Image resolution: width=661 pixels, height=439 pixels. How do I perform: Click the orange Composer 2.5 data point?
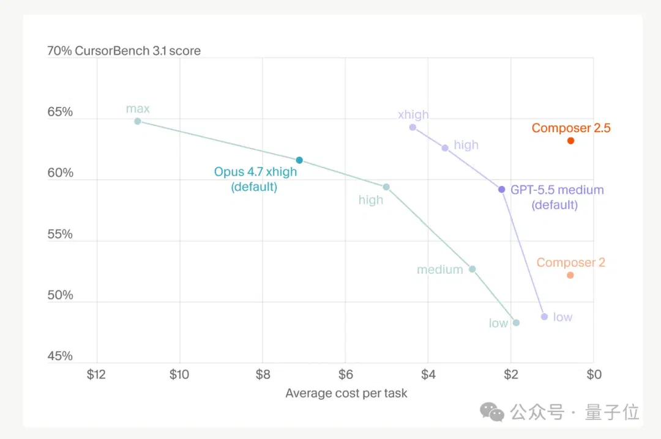[x=570, y=141]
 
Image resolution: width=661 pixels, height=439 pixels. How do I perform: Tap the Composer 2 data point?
[x=570, y=275]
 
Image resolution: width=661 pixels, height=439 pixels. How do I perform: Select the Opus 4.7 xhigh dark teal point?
[x=299, y=160]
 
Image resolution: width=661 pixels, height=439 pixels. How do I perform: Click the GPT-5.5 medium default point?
[x=502, y=190]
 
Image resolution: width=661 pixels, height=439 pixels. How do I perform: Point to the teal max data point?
[x=138, y=121]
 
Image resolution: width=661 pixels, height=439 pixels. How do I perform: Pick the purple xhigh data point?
[x=413, y=127]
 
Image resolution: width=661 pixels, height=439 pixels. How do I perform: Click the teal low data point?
[x=516, y=323]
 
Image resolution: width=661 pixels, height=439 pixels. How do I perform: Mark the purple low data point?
[x=544, y=316]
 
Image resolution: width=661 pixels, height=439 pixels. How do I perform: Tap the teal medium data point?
[x=472, y=269]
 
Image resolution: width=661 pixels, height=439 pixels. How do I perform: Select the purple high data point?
[x=445, y=148]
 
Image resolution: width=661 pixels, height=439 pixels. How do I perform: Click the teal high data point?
[x=386, y=187]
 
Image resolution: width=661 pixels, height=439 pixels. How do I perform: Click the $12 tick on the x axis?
[x=96, y=374]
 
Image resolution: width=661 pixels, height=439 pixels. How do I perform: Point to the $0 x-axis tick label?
[x=594, y=374]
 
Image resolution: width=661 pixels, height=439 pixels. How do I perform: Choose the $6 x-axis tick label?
[x=346, y=374]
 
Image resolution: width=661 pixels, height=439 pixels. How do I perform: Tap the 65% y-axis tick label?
[x=60, y=112]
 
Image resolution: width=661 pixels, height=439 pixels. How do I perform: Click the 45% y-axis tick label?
[x=60, y=356]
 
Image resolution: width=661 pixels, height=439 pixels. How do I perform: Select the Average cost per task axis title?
[x=346, y=393]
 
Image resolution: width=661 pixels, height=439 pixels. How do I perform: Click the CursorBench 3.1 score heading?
[x=138, y=51]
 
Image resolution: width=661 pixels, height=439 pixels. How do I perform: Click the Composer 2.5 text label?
[x=571, y=128]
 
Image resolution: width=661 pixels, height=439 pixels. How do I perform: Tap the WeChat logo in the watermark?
[x=492, y=412]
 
